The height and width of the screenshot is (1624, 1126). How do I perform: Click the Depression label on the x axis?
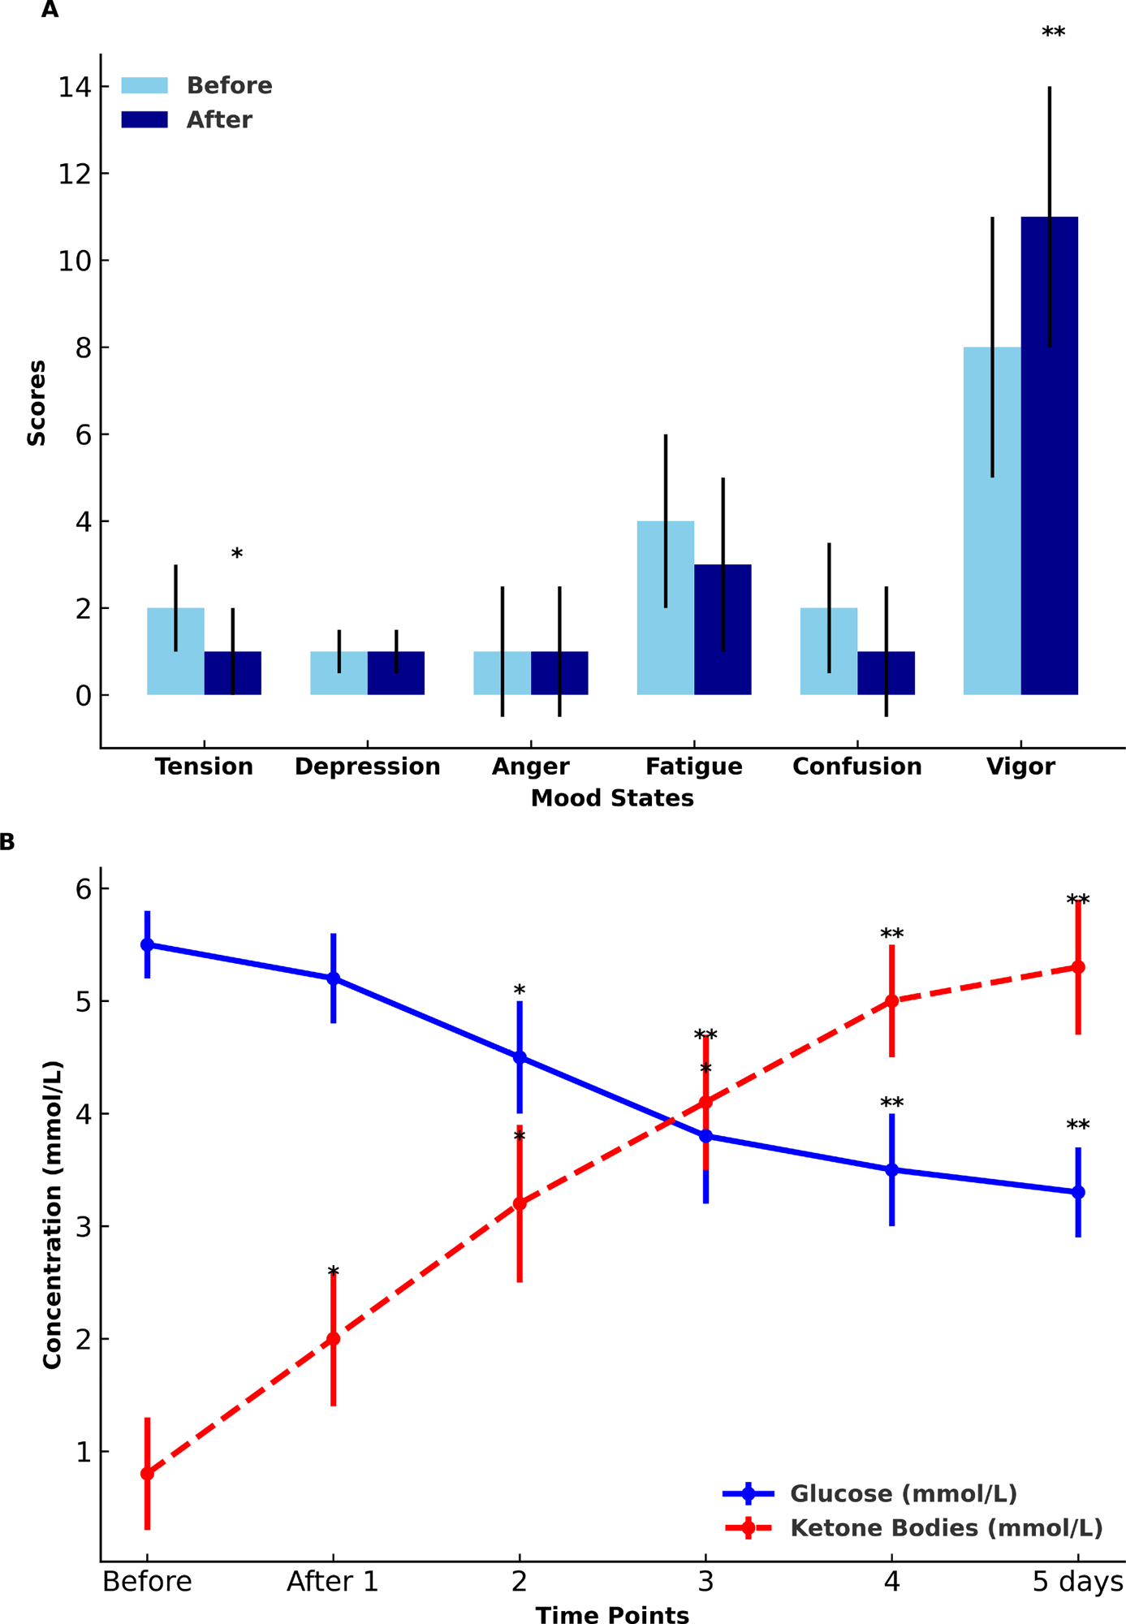[367, 767]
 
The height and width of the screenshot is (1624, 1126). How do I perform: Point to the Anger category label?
[530, 767]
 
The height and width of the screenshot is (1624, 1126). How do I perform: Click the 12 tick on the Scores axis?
[73, 174]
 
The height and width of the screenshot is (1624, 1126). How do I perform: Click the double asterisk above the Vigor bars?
[1053, 33]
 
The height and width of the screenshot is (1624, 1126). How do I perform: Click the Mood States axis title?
[612, 799]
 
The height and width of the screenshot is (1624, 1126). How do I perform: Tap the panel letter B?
[7, 842]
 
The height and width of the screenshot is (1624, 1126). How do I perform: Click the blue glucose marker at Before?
[147, 945]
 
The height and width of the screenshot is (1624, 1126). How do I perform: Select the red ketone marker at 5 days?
[1078, 967]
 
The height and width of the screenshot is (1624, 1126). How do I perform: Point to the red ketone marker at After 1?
[333, 1339]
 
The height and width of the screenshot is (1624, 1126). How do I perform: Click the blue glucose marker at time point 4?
[891, 1170]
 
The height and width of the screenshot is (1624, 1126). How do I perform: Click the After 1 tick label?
[333, 1582]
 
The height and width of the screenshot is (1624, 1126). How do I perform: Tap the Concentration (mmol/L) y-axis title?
[52, 1214]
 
